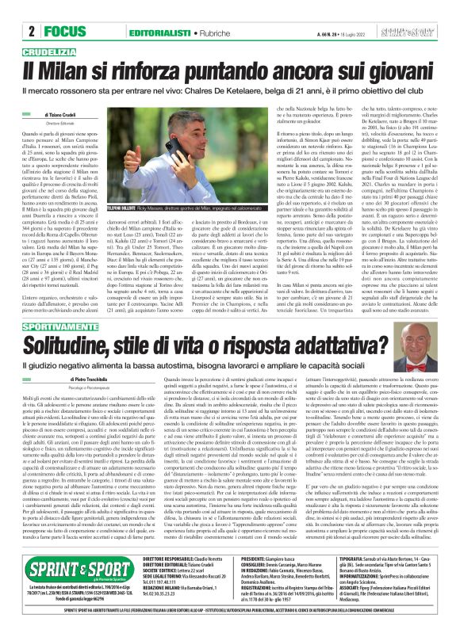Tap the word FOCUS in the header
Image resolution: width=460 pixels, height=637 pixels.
click(62, 32)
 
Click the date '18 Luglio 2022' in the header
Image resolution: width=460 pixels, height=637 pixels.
click(351, 32)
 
